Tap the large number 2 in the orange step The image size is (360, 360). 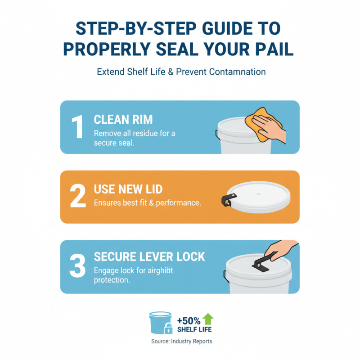pos(78,197)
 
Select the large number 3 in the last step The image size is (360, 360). pos(77,266)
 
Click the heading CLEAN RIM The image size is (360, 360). pos(123,119)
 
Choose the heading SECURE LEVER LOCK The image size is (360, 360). pos(149,257)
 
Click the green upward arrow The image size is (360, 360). pos(208,319)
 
